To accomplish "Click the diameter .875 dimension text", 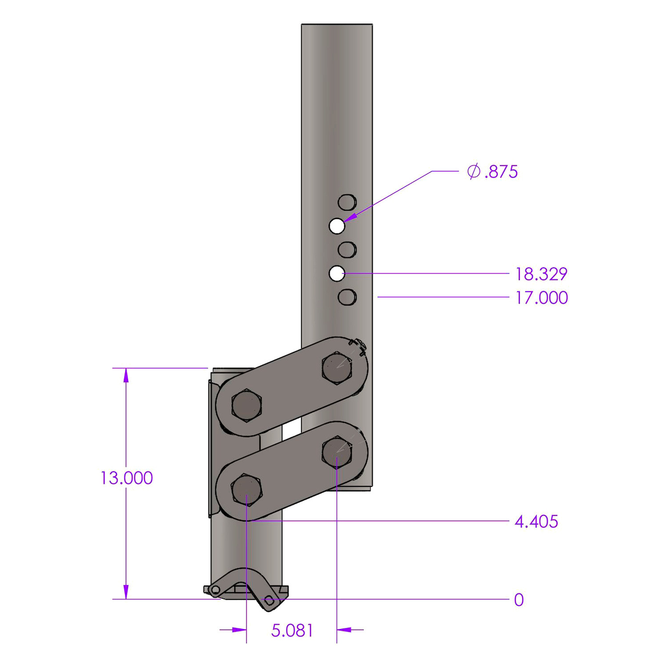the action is [493, 172].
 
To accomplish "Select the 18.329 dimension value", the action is [541, 274].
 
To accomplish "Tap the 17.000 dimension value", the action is [541, 297].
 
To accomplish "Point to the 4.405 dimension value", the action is [536, 521].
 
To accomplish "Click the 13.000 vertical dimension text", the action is [127, 478].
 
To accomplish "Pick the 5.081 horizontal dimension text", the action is [292, 631].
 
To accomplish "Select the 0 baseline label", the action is [519, 600].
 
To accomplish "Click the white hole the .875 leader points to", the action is [337, 226].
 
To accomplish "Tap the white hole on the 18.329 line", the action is [337, 273].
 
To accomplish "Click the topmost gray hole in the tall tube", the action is [347, 202].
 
